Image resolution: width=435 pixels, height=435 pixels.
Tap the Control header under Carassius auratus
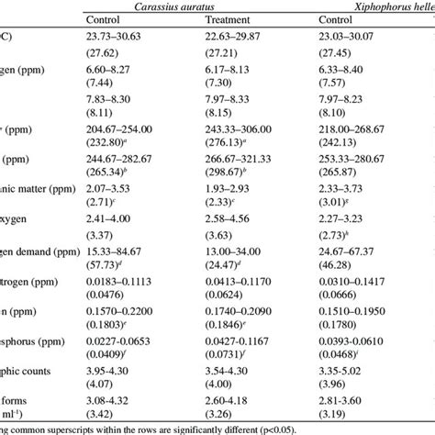(x=107, y=20)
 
